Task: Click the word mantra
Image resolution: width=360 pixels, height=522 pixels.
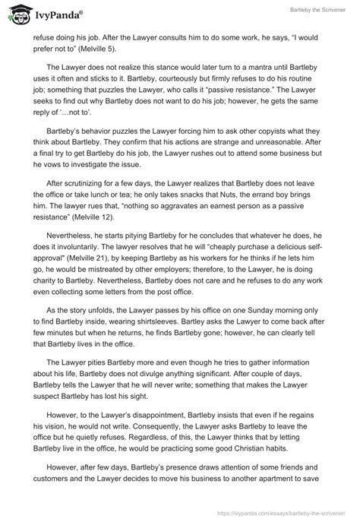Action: tap(256, 75)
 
